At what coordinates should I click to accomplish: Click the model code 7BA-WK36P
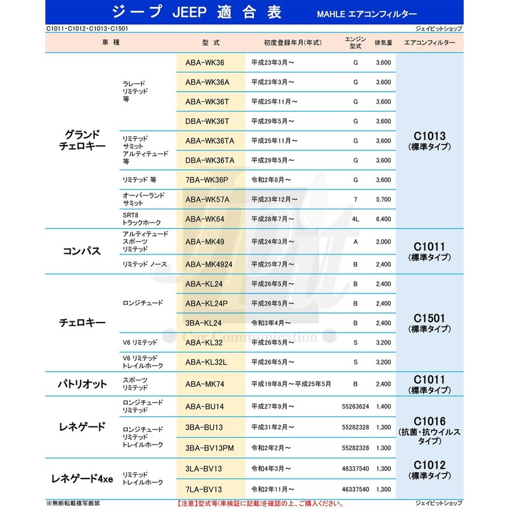(x=207, y=180)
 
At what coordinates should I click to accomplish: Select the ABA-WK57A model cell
(x=207, y=199)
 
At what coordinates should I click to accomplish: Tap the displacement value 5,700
(x=383, y=199)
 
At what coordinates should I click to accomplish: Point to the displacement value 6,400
(x=383, y=219)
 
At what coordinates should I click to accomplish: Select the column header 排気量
(x=383, y=42)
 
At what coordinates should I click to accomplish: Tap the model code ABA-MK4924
(x=211, y=263)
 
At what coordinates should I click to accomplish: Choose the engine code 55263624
(x=356, y=405)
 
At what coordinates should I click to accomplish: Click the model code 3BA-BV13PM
(x=211, y=448)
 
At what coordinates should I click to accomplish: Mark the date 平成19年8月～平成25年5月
(x=291, y=384)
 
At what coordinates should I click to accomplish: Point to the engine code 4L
(x=356, y=219)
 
